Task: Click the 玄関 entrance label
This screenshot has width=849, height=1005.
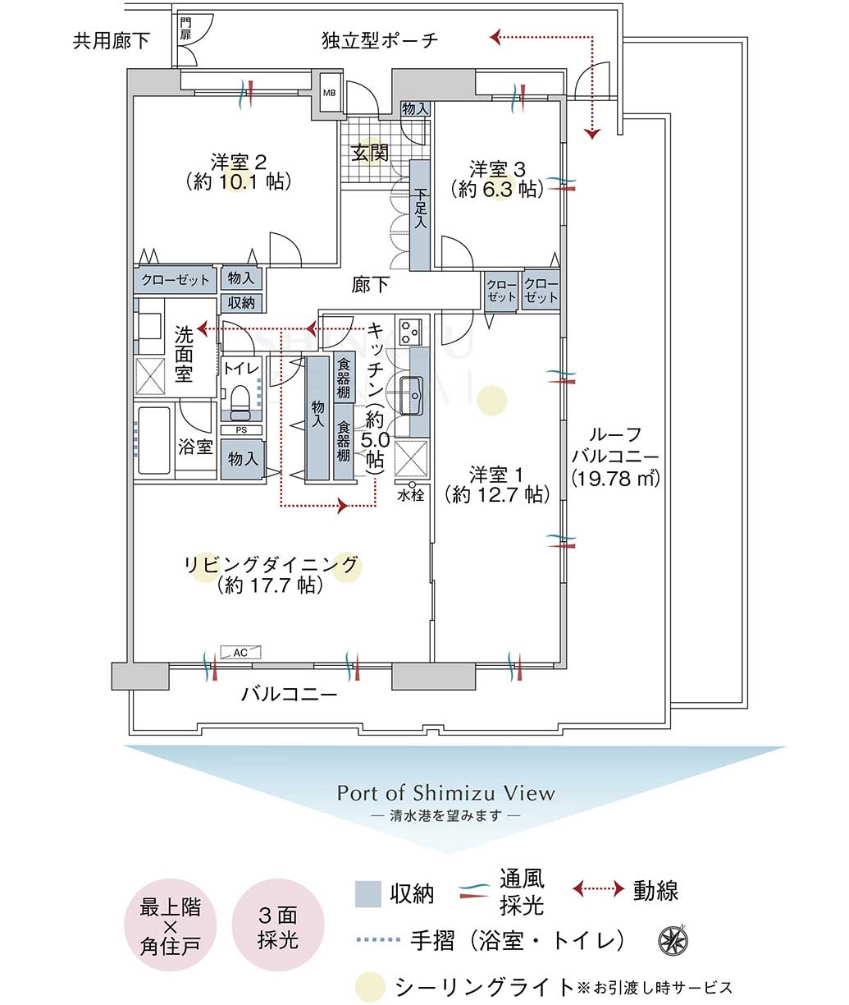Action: point(370,154)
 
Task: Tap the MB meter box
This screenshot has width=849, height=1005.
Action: point(330,93)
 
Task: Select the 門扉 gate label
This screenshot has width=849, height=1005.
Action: point(185,29)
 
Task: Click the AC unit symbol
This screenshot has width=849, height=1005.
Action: point(240,652)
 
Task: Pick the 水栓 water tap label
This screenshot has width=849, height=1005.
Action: point(411,495)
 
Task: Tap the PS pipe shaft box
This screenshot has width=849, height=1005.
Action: point(241,429)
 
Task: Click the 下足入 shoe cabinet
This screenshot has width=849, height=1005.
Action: point(420,215)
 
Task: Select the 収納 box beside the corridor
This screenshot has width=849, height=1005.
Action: point(241,303)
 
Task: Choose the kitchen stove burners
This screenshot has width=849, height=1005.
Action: point(410,332)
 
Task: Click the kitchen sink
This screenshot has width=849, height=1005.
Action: point(411,396)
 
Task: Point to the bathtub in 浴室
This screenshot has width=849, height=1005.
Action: point(154,440)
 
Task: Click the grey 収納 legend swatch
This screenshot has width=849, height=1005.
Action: point(367,894)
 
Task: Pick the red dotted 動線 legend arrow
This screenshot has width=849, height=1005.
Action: point(598,888)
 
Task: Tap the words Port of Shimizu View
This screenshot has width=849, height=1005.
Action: point(446,793)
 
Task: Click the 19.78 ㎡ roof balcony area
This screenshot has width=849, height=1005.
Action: point(615,479)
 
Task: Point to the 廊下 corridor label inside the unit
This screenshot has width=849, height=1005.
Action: point(370,285)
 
